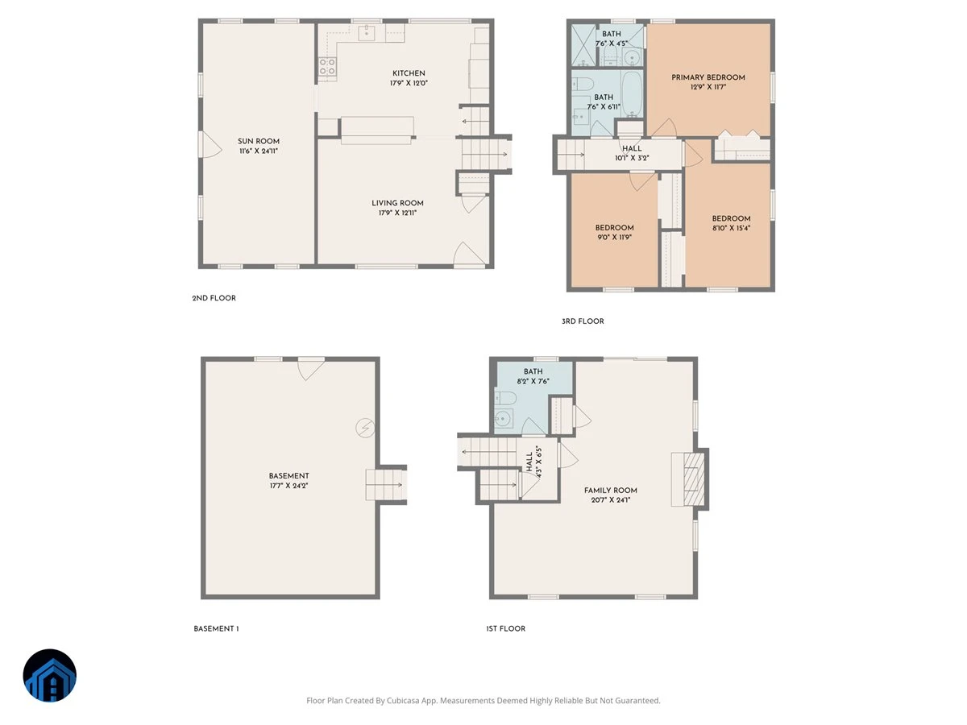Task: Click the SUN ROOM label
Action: [x=259, y=141]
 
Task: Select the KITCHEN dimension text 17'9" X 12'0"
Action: [x=409, y=83]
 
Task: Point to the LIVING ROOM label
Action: [x=397, y=203]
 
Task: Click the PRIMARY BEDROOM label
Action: [x=708, y=77]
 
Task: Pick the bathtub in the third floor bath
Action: [x=632, y=93]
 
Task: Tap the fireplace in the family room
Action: [x=687, y=479]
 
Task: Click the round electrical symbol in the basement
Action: [x=365, y=428]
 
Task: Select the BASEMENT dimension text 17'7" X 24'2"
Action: [x=289, y=486]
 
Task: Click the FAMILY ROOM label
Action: [x=611, y=491]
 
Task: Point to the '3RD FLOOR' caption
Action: [x=583, y=321]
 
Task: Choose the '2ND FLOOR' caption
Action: [x=214, y=298]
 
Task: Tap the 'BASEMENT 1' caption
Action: [x=216, y=628]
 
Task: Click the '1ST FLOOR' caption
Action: [x=506, y=628]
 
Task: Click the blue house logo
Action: [x=50, y=675]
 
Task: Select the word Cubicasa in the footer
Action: [x=403, y=700]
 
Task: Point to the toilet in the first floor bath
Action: [x=505, y=398]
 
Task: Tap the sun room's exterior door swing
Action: [x=210, y=144]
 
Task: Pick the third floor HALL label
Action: [x=633, y=149]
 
